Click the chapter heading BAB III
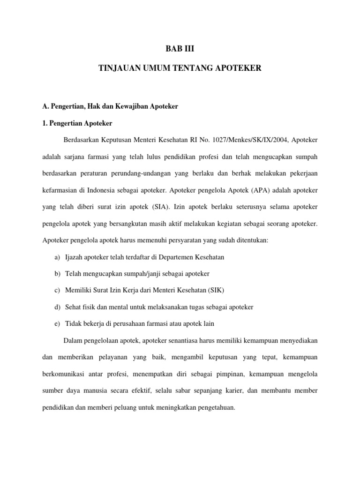coord(180,48)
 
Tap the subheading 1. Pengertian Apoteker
coord(77,124)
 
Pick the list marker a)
coord(57,257)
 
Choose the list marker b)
coord(57,274)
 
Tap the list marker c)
coord(57,291)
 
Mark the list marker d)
coord(57,307)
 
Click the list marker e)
coord(57,324)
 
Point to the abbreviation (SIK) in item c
coord(214,291)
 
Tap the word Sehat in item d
coord(74,307)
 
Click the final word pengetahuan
coord(213,407)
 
